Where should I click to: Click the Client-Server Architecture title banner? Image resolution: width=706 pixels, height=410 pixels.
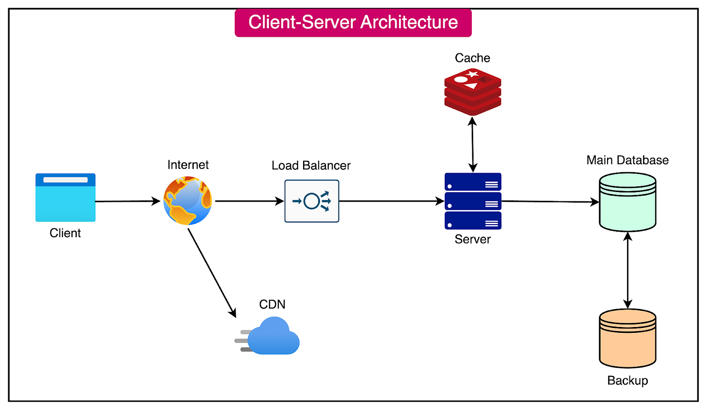click(353, 22)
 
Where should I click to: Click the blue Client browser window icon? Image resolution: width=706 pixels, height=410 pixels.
click(65, 197)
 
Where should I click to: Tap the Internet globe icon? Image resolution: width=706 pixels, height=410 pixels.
click(188, 201)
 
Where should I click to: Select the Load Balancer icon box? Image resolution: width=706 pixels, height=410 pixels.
click(312, 201)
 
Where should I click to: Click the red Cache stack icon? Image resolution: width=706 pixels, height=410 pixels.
click(473, 92)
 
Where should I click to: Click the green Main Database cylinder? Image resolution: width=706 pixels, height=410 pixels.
click(627, 202)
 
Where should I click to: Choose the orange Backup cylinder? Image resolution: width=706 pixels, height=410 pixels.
click(627, 339)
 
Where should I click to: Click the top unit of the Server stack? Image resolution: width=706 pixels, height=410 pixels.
click(473, 181)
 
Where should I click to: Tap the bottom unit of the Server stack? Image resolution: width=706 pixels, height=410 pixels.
click(473, 220)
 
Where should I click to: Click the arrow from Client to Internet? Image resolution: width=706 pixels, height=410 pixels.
click(127, 201)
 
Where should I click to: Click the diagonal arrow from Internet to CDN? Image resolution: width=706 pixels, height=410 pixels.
click(211, 272)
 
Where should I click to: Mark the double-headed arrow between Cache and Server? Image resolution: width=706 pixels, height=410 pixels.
click(473, 145)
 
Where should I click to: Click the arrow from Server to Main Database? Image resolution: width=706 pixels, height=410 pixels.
click(550, 201)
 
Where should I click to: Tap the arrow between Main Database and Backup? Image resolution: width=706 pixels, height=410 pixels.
click(628, 271)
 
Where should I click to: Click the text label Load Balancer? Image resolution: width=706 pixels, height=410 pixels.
click(311, 165)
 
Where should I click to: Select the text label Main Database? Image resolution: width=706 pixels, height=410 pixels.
click(627, 160)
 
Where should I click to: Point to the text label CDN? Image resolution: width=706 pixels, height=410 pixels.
click(272, 304)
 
